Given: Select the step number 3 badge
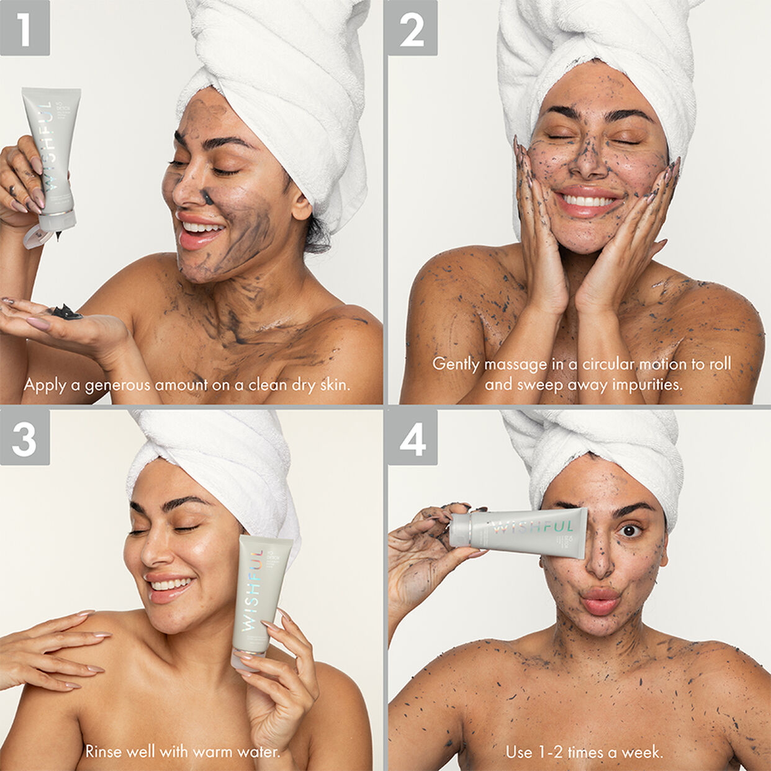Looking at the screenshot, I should [24, 437].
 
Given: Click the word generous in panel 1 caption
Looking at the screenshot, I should [117, 385].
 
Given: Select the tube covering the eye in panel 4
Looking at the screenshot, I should [518, 528].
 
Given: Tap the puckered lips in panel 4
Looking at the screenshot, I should [599, 600].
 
